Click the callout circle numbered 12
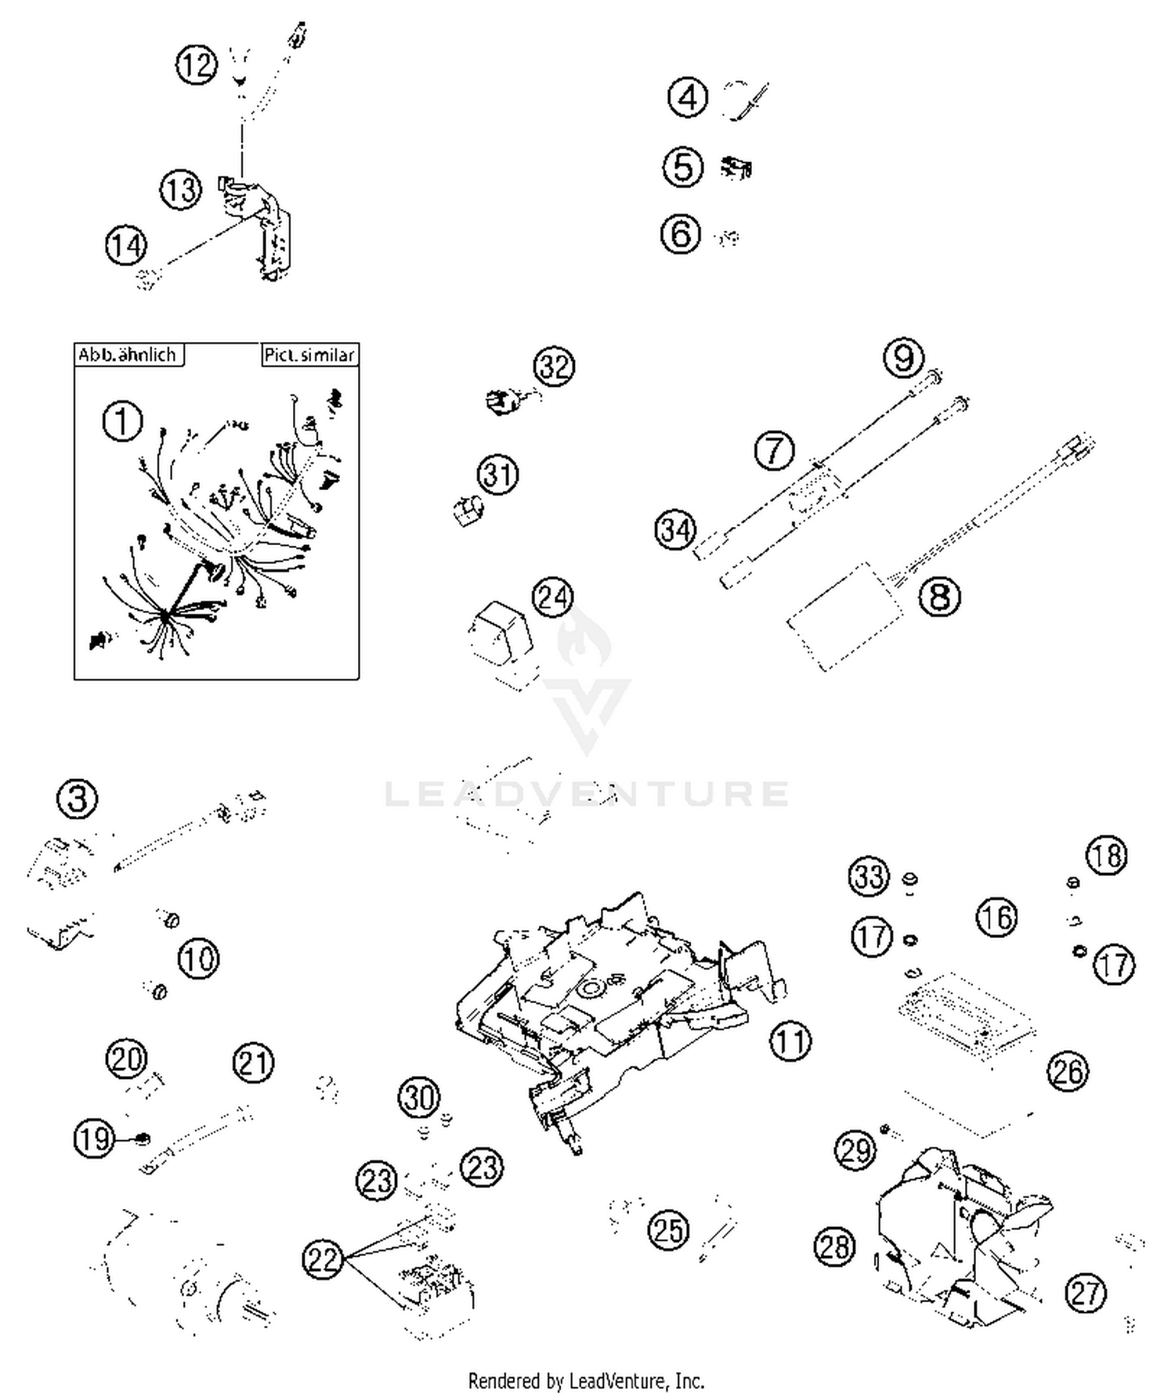pyautogui.click(x=196, y=64)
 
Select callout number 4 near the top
pyautogui.click(x=687, y=98)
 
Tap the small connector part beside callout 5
pyautogui.click(x=736, y=168)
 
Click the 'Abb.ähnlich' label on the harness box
pyautogui.click(x=128, y=355)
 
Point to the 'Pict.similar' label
pyautogui.click(x=309, y=355)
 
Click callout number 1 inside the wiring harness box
pyautogui.click(x=122, y=422)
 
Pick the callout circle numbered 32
pyautogui.click(x=554, y=366)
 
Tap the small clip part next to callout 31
pyautogui.click(x=468, y=511)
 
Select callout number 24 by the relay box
pyautogui.click(x=552, y=597)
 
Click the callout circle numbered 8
pyautogui.click(x=939, y=597)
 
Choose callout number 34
pyautogui.click(x=674, y=530)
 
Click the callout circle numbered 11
pyautogui.click(x=790, y=1041)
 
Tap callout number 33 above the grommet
pyautogui.click(x=869, y=877)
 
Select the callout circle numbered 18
pyautogui.click(x=1106, y=856)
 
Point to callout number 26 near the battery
pyautogui.click(x=1068, y=1071)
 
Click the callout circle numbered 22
pyautogui.click(x=323, y=1260)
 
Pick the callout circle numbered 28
pyautogui.click(x=834, y=1246)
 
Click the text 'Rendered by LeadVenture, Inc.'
pyautogui.click(x=586, y=1380)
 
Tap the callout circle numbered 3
pyautogui.click(x=78, y=799)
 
